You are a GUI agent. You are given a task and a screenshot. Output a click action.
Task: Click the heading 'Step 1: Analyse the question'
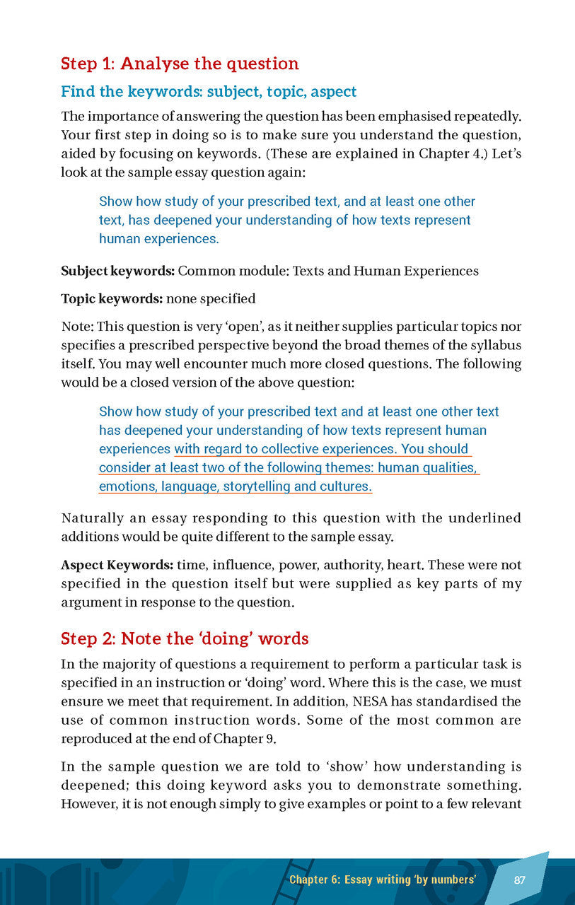(x=180, y=64)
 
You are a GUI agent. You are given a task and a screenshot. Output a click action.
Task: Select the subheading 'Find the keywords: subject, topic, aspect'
(x=209, y=92)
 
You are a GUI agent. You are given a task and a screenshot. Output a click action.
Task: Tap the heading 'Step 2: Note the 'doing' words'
(x=185, y=639)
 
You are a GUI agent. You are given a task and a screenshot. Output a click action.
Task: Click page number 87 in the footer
(x=520, y=880)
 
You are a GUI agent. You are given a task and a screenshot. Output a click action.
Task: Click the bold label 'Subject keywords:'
(x=117, y=271)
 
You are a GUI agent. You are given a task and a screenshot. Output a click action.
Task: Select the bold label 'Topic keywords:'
(x=112, y=299)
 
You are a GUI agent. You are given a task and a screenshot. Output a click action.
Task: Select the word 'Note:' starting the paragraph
(x=77, y=327)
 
